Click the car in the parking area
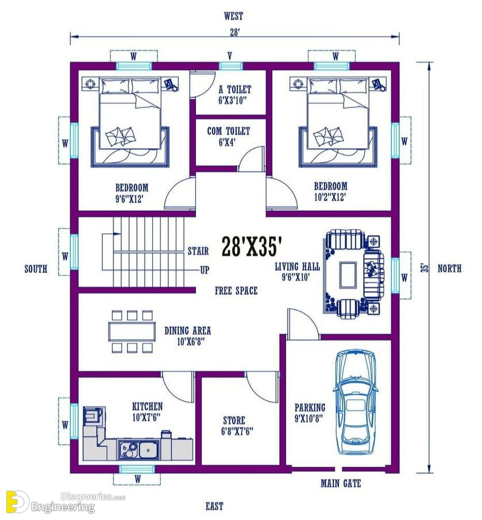[356, 403]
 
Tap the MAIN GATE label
[341, 483]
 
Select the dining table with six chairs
[132, 331]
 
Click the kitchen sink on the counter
[138, 450]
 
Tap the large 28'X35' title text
[252, 246]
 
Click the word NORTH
[449, 268]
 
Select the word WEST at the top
[233, 16]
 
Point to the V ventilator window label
[229, 56]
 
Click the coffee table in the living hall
[348, 275]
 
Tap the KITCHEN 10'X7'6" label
[148, 411]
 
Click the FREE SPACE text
[236, 291]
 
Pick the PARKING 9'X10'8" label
[310, 413]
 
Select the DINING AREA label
[188, 336]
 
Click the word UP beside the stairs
[205, 270]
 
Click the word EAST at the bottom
[214, 506]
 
